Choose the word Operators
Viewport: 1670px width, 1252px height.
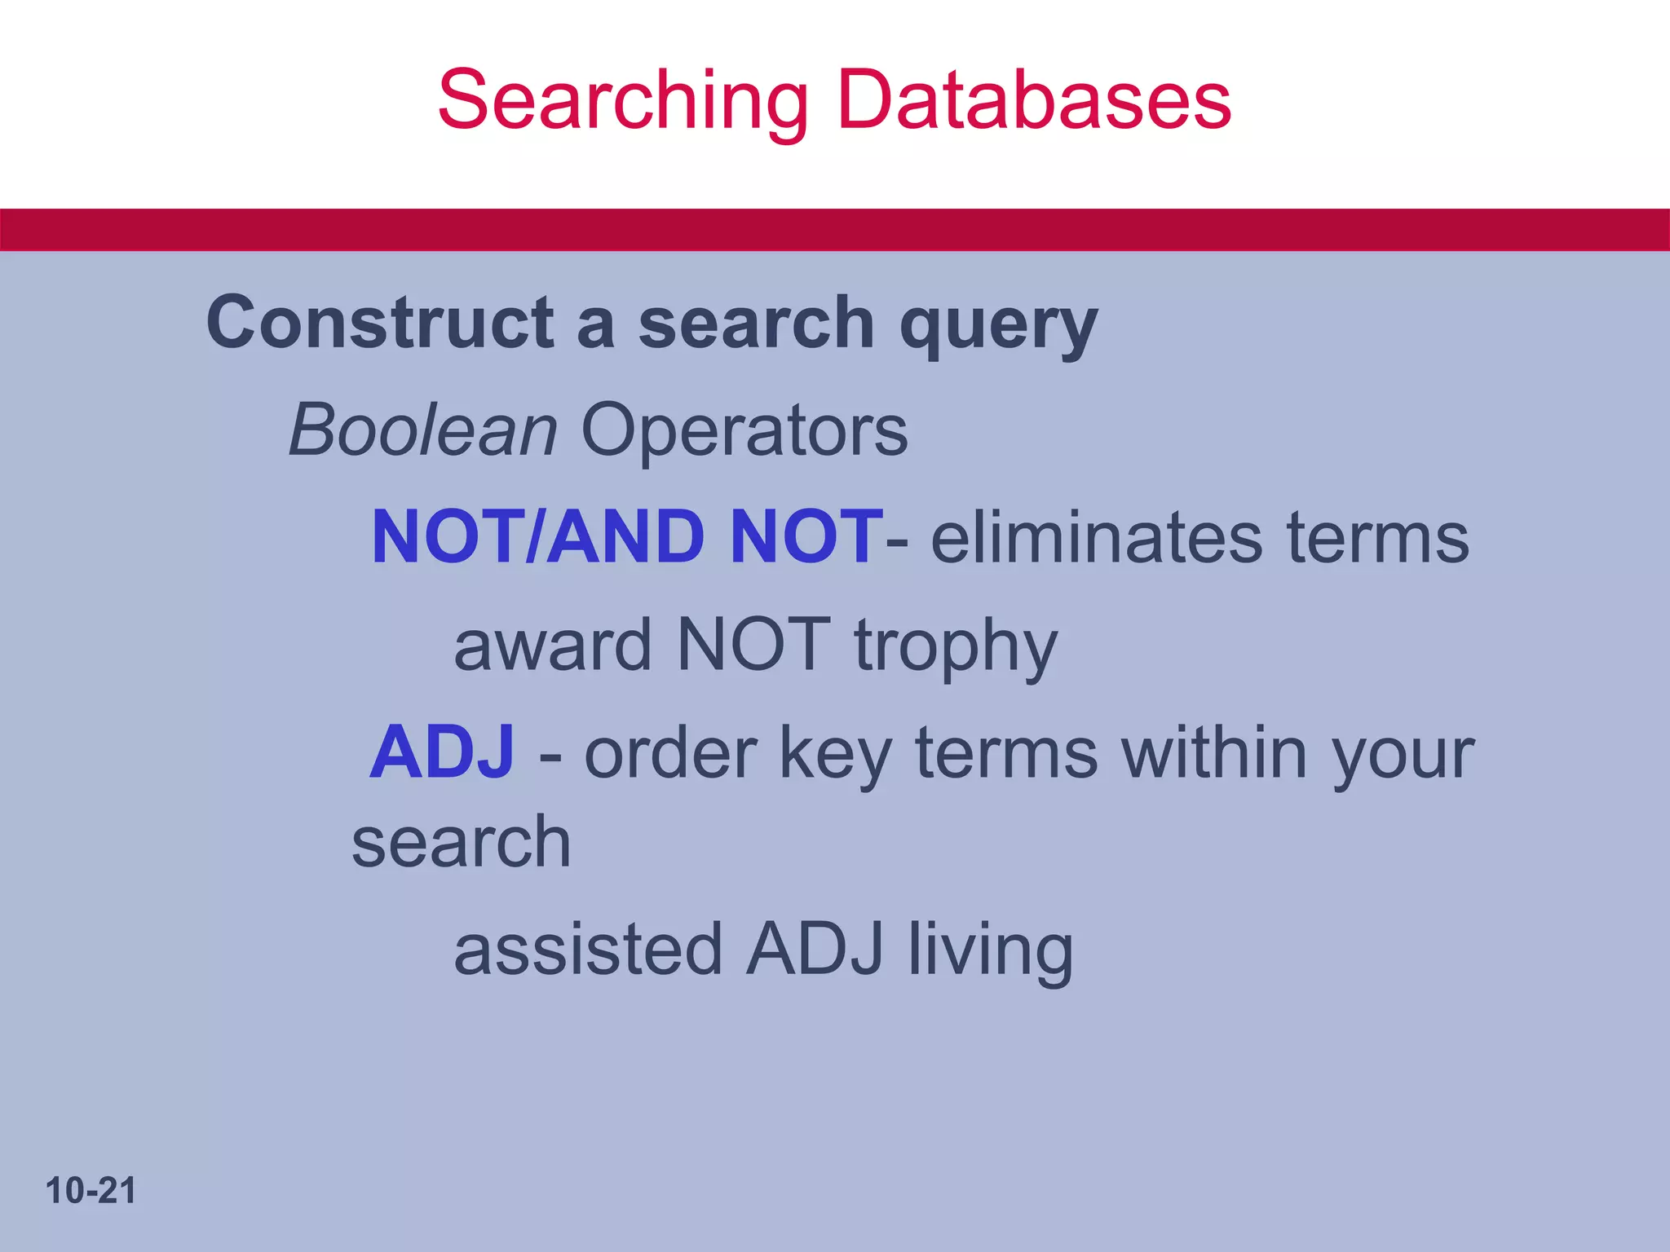744,431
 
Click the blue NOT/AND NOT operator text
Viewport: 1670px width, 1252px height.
627,536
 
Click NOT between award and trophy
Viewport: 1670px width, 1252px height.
753,645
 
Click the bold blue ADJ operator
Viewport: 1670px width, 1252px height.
442,752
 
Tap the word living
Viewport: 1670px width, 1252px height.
992,950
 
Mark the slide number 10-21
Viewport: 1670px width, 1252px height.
91,1191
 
